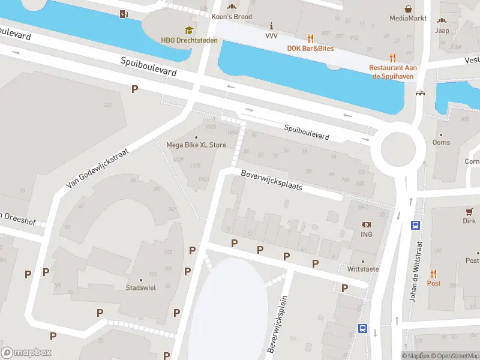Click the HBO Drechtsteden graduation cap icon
[189, 30]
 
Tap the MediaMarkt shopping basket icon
[408, 9]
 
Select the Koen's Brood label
[232, 17]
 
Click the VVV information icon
[272, 26]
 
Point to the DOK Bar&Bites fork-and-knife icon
[310, 38]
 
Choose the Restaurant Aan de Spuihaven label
[393, 71]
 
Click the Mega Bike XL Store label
[196, 145]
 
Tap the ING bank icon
[366, 224]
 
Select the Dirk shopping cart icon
[470, 211]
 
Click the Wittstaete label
[363, 269]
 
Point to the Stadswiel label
[141, 287]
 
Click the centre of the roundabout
[398, 148]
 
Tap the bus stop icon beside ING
[415, 226]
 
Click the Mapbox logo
[26, 352]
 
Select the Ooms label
[441, 143]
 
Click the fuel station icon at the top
[124, 14]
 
